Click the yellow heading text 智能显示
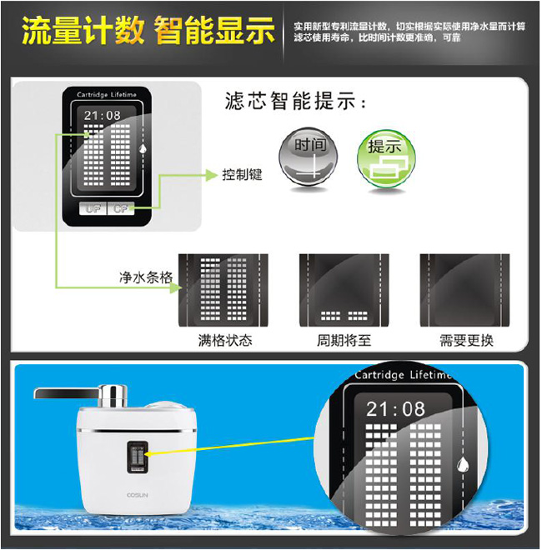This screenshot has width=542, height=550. (x=214, y=32)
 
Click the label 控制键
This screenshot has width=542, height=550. (x=243, y=175)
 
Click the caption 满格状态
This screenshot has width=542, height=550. (x=224, y=341)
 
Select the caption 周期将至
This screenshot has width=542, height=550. (x=343, y=341)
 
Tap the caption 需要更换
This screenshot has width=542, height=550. (x=466, y=341)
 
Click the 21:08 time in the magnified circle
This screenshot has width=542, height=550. (x=395, y=408)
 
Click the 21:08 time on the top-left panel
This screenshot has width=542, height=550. (x=103, y=115)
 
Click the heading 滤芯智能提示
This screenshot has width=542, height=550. (x=295, y=102)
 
